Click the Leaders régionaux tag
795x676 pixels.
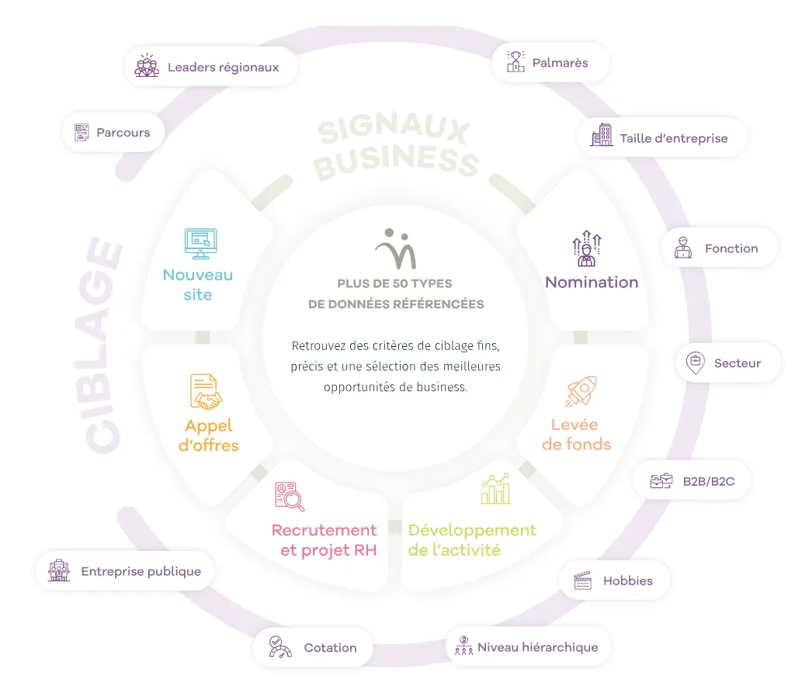[x=210, y=67]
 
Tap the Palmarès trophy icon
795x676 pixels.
[x=516, y=62]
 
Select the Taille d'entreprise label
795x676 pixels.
[x=673, y=138]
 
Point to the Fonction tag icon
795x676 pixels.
[x=683, y=248]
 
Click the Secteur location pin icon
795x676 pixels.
[x=695, y=362]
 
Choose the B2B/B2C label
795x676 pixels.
[x=708, y=481]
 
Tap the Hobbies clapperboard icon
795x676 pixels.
[x=582, y=581]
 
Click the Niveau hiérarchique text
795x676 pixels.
[x=537, y=647]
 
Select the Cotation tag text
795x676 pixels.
[x=330, y=647]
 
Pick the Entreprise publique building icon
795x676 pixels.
[x=59, y=571]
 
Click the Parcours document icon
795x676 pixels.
[x=82, y=133]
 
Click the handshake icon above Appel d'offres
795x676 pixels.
[x=206, y=392]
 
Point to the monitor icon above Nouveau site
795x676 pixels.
[x=200, y=244]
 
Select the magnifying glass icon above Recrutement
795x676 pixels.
[x=290, y=497]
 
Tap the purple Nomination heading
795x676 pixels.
[x=592, y=283]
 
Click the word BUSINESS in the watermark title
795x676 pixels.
[x=397, y=160]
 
